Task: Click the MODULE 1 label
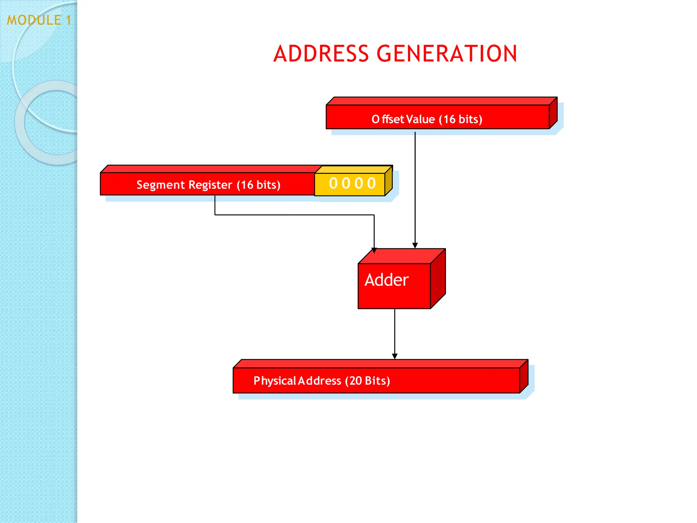point(39,20)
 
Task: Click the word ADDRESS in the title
point(321,54)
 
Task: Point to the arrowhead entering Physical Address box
point(395,356)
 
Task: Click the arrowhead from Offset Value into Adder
point(415,245)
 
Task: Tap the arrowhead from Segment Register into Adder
point(374,250)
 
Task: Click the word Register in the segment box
point(210,185)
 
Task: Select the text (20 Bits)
point(368,380)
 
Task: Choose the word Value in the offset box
point(420,119)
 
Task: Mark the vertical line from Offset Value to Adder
point(415,187)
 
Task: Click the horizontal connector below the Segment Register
point(294,215)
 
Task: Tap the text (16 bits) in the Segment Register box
point(259,185)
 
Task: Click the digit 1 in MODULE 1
point(69,20)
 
